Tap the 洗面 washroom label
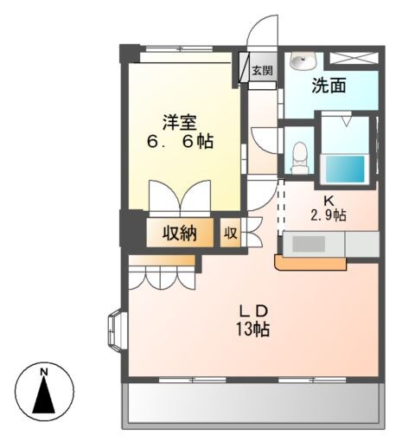click(329, 86)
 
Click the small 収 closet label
click(231, 233)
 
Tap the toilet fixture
click(300, 156)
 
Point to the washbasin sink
click(303, 61)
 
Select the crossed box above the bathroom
click(355, 59)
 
